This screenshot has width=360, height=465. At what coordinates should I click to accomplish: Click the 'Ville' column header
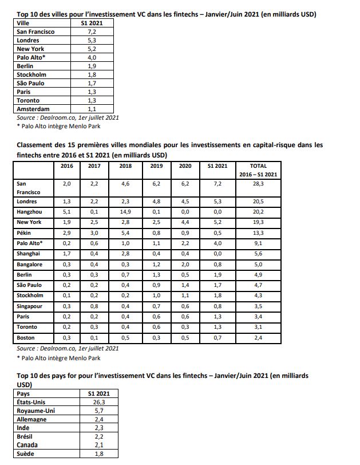coord(24,23)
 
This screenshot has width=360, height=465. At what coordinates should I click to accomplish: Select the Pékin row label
coord(26,233)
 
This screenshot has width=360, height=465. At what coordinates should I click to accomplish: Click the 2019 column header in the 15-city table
coord(156,165)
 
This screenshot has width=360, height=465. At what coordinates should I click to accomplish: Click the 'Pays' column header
coord(24,394)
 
